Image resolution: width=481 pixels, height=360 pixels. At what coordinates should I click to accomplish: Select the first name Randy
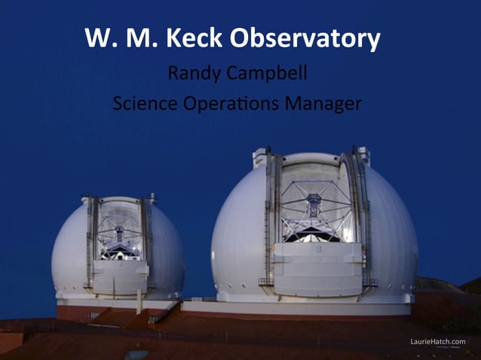191,75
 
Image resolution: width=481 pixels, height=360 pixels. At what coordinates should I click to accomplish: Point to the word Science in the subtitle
139,103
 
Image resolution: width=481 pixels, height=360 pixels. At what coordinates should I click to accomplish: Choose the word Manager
323,103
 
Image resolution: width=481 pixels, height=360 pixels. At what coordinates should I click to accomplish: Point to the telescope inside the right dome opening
314,207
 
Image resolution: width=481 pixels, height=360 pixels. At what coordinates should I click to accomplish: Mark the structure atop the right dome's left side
260,156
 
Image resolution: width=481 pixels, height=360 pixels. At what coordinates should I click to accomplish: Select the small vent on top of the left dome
152,198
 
